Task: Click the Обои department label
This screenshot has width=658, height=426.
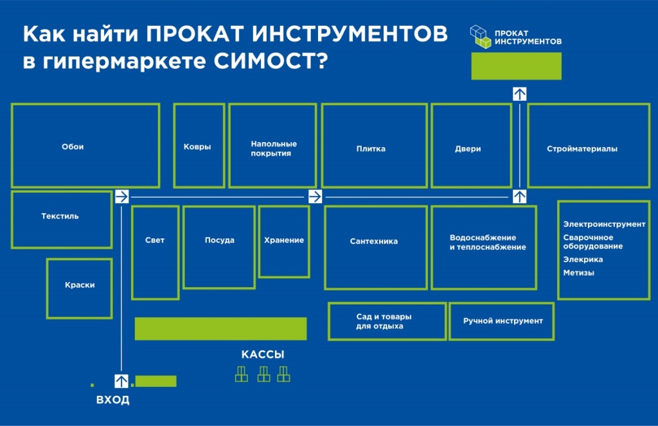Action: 73,146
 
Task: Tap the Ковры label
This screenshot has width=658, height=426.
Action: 197,147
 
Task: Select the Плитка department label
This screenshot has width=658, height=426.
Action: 371,148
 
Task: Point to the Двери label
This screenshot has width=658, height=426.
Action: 468,148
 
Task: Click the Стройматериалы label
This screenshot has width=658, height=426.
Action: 582,148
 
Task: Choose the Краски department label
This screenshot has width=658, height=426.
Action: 80,285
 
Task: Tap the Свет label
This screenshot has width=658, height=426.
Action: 155,240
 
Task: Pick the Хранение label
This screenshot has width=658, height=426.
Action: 283,240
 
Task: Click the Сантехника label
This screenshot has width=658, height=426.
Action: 374,242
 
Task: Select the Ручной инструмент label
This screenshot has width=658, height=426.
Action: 502,321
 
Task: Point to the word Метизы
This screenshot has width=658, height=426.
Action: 579,273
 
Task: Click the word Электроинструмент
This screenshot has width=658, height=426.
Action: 604,224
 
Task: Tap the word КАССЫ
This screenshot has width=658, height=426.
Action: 263,355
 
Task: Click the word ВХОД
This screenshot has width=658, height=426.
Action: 113,400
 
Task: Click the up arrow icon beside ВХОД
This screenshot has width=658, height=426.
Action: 121,381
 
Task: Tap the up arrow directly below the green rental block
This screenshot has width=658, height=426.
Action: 519,94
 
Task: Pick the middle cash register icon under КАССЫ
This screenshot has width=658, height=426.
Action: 263,374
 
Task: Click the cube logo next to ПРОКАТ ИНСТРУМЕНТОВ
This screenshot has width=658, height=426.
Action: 481,37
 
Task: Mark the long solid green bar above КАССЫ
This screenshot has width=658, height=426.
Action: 221,328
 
